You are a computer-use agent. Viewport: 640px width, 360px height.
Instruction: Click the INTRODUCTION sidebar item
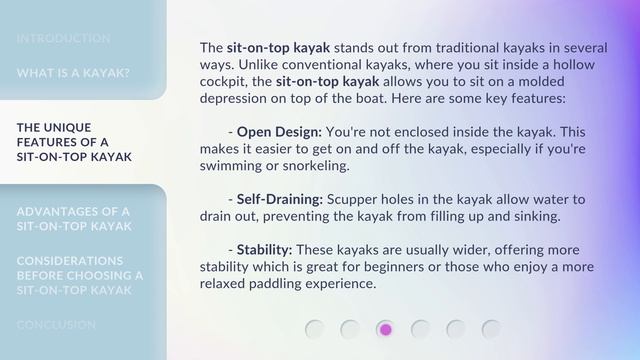[63, 38]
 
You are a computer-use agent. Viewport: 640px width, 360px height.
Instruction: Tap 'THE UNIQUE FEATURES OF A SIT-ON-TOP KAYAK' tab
[75, 142]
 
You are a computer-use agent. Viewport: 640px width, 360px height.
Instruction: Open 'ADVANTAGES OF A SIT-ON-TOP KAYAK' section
[74, 219]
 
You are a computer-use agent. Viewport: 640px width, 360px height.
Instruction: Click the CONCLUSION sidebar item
[56, 325]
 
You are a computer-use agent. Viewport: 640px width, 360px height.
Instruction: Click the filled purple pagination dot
[385, 329]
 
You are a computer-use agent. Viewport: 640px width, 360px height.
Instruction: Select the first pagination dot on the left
[314, 329]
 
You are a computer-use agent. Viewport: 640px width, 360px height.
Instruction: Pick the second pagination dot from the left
[350, 329]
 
